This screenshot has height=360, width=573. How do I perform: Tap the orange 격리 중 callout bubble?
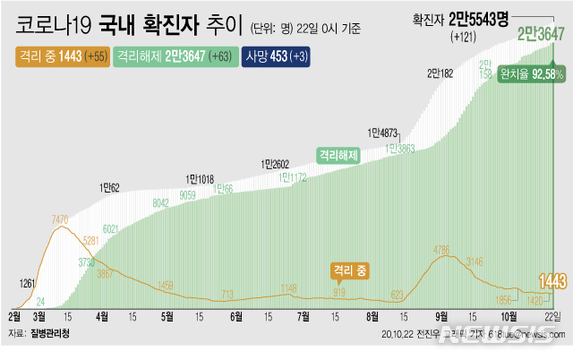(350, 269)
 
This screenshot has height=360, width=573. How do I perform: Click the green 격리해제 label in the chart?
(337, 154)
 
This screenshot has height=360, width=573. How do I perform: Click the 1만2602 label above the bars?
(276, 164)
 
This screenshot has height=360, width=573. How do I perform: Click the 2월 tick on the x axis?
(15, 316)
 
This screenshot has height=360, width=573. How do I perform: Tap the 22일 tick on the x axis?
(554, 316)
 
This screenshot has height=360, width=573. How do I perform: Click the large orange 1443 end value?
(551, 282)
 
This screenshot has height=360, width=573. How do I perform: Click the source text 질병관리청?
(50, 333)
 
